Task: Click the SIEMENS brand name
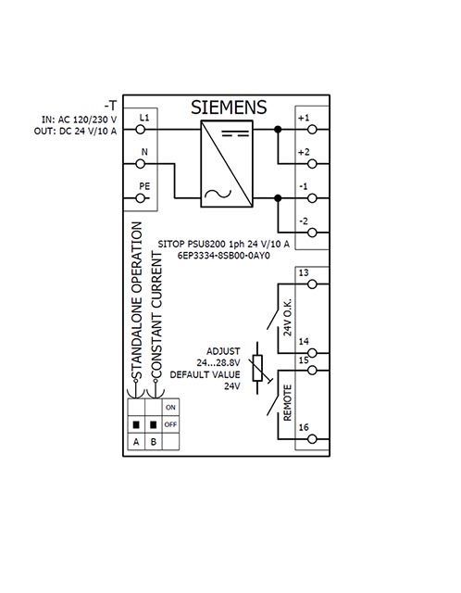[x=229, y=107]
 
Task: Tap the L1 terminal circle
[x=141, y=130]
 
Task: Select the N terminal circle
[x=141, y=164]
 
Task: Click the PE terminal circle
[x=141, y=198]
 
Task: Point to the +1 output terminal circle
[x=312, y=130]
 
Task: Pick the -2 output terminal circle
[x=312, y=233]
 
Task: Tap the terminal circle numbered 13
[x=312, y=284]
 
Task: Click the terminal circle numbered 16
[x=312, y=439]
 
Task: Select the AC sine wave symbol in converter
[x=218, y=195]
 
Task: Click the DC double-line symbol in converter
[x=235, y=133]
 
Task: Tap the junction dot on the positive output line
[x=278, y=130]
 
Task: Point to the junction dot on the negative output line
[x=278, y=198]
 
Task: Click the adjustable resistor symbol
[x=258, y=369]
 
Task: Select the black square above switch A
[x=136, y=424]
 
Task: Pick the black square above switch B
[x=153, y=424]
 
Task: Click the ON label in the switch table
[x=170, y=408]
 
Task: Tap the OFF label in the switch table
[x=170, y=424]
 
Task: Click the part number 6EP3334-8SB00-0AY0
[x=224, y=256]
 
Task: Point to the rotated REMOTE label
[x=288, y=403]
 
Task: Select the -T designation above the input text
[x=110, y=106]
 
